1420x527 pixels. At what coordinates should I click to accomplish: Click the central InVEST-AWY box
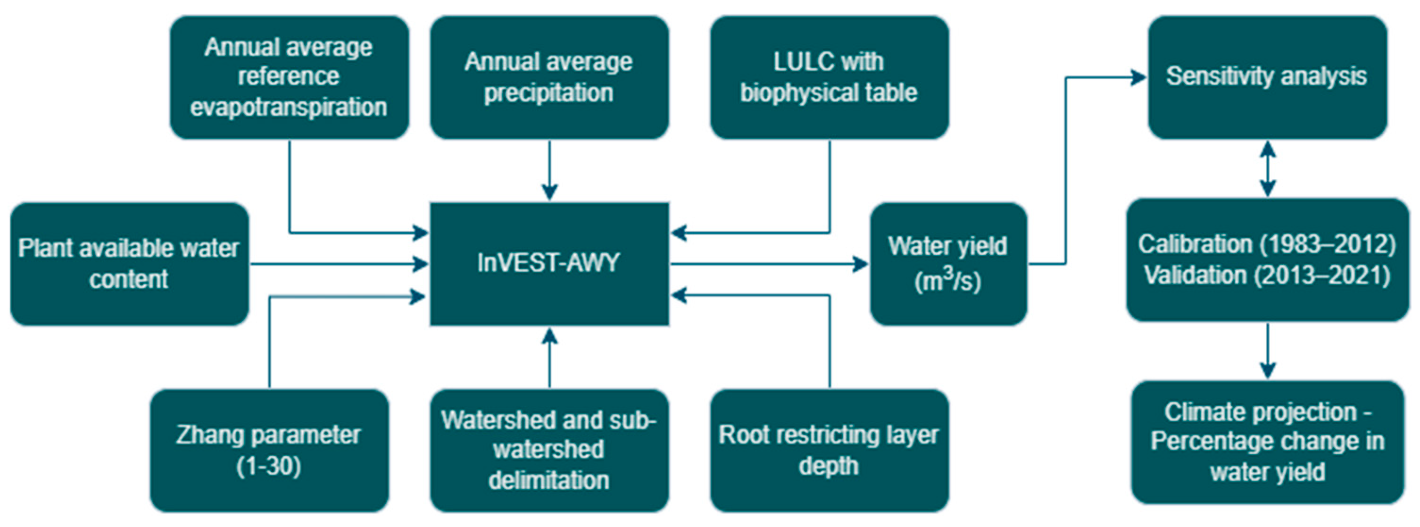point(549,263)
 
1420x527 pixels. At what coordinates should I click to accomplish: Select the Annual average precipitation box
point(549,77)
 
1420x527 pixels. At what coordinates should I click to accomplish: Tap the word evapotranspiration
point(288,107)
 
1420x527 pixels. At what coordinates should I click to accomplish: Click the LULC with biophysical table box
point(829,77)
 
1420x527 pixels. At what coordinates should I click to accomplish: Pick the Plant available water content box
point(129,263)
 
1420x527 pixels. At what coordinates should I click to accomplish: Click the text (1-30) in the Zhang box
point(269,466)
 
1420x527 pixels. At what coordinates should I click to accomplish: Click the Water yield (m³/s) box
point(948,263)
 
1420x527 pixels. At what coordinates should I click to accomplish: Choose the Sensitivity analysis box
point(1267,77)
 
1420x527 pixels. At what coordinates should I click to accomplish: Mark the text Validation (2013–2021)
point(1267,275)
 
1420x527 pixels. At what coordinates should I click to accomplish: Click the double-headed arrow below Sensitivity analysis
point(1268,169)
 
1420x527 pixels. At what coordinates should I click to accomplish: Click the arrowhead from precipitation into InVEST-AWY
point(549,192)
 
